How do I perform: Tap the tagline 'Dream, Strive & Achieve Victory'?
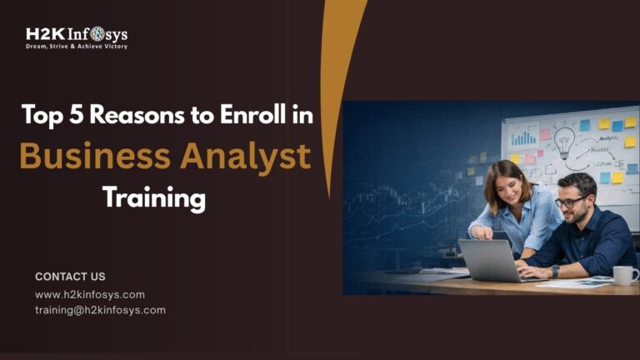click(76, 47)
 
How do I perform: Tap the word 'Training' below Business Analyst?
click(153, 197)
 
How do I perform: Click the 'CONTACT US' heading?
click(70, 276)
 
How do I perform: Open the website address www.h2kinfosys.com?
click(90, 294)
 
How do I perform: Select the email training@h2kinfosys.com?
click(100, 310)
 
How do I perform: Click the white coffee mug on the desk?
click(623, 275)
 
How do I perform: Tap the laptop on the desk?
click(492, 261)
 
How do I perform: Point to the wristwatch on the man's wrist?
click(555, 271)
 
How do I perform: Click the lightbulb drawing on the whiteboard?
click(564, 142)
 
